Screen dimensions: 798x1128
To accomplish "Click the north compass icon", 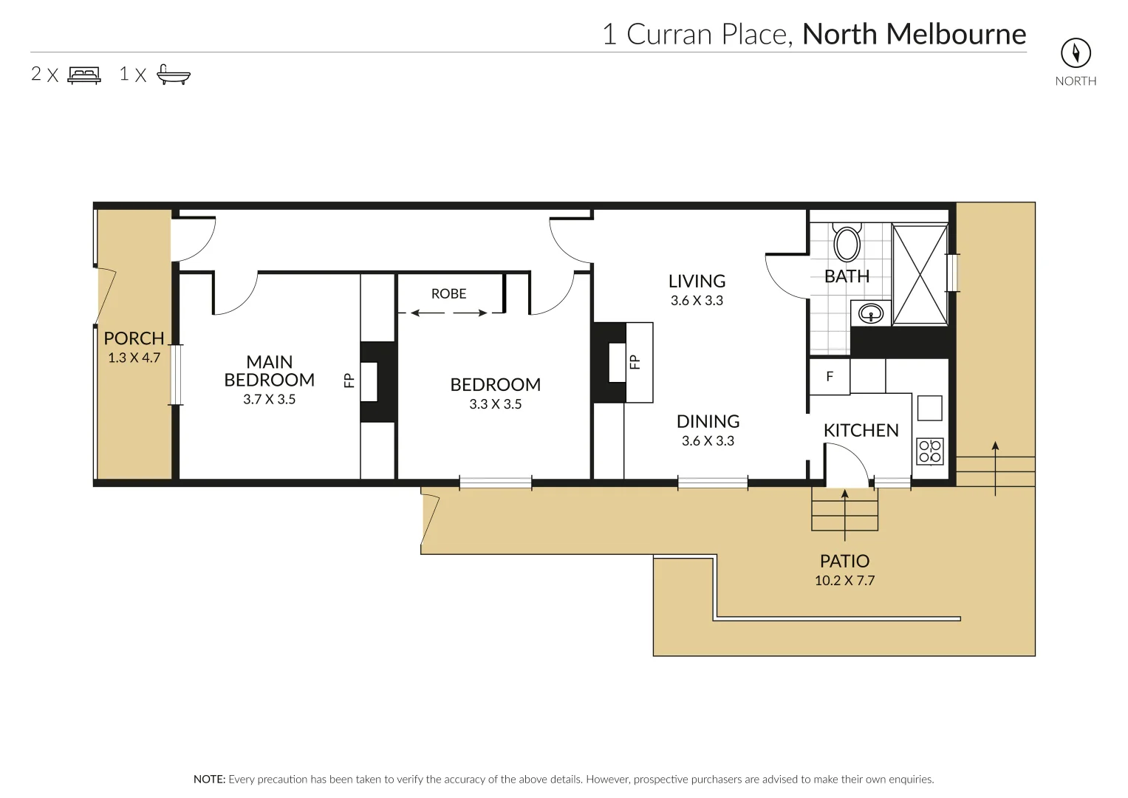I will point(1076,52).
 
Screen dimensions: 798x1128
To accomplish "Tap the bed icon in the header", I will point(84,75).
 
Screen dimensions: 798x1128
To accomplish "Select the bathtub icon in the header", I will point(174,75).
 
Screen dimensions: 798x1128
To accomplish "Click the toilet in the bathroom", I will point(847,242).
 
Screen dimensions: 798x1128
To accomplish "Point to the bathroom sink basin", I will point(871,313).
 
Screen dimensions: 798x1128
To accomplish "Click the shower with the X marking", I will point(920,275).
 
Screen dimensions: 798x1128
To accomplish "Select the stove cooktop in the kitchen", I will point(930,451).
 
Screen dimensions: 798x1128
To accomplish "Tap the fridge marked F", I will point(830,377).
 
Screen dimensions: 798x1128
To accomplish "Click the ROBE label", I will point(448,294).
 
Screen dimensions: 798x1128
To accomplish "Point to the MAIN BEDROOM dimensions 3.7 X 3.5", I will point(269,400).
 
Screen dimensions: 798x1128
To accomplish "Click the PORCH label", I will point(134,338).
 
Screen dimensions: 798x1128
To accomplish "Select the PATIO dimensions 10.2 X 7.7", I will point(844,581).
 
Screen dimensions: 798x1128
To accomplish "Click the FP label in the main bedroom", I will point(349,381).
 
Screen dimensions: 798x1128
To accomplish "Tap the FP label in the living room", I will point(635,362).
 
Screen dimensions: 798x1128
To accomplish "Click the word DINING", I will point(708,422).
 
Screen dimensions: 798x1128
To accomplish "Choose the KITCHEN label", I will point(861,431).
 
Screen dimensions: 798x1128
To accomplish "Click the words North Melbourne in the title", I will point(914,34).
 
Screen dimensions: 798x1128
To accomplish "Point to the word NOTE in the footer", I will point(209,780).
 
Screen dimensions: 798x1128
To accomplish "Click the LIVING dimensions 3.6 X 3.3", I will point(697,301).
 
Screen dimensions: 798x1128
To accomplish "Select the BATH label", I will point(847,276).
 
